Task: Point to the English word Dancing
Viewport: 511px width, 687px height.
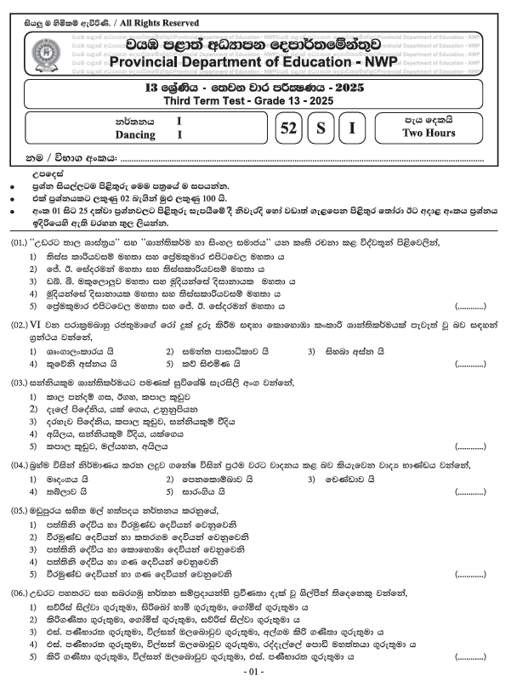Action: coord(135,134)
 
